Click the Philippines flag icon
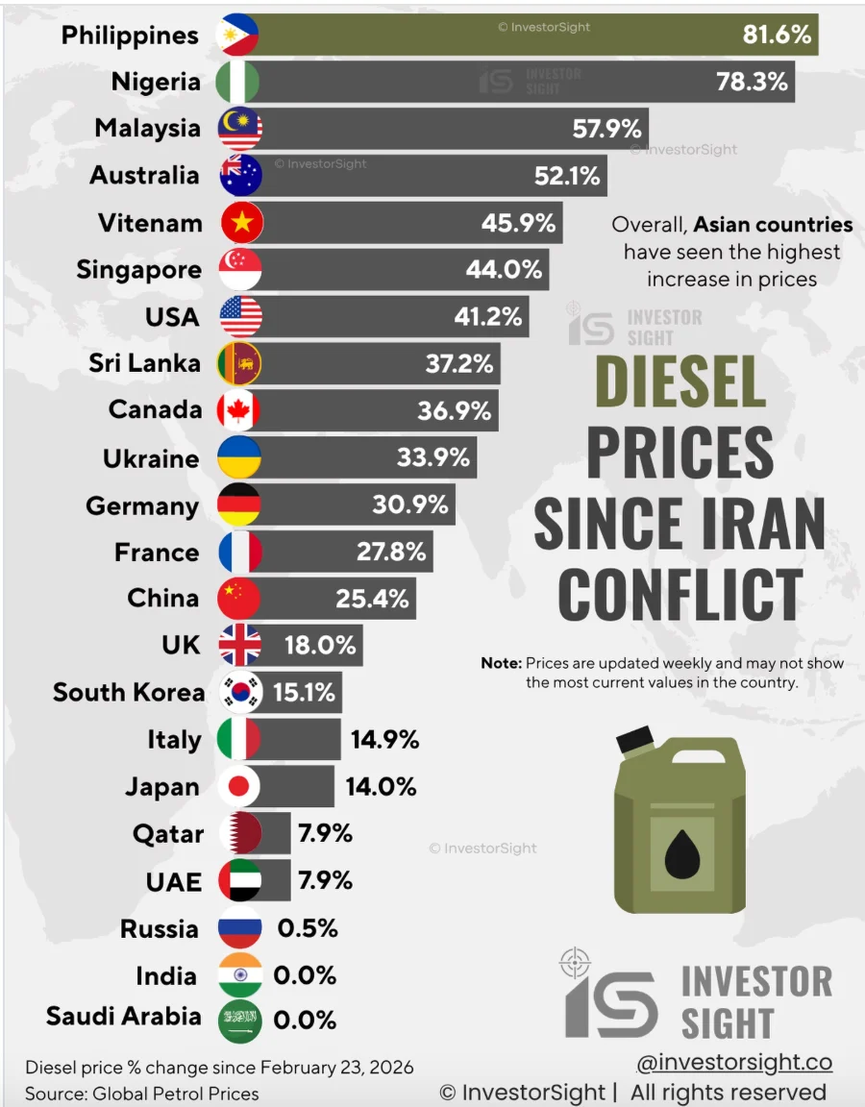239,35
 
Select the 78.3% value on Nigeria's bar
752,82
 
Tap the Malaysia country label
147,128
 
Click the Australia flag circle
239,176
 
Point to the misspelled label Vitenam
150,223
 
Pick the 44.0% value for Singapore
504,270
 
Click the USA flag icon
239,316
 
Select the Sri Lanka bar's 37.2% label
458,363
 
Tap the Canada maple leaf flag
239,410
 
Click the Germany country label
142,505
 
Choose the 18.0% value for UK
320,645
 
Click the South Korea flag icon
239,692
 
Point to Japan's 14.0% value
381,787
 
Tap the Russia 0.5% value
308,928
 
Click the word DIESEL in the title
680,381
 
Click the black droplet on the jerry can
682,849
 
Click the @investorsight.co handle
734,1062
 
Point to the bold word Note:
501,664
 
